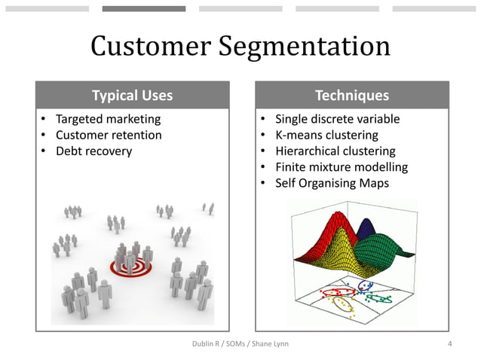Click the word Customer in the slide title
151,47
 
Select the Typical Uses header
132,96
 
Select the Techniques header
352,96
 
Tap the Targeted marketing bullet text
108,119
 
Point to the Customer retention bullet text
109,135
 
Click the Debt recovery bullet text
93,151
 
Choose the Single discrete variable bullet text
337,119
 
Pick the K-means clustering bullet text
326,135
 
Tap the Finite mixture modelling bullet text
341,166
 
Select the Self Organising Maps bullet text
332,182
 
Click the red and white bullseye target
129,266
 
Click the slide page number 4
449,344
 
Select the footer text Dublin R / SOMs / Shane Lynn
240,344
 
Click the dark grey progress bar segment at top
144,9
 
